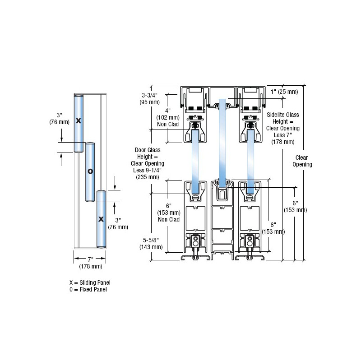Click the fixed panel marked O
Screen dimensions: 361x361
point(90,171)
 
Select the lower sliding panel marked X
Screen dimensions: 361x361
point(101,219)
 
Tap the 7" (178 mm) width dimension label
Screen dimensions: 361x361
point(90,263)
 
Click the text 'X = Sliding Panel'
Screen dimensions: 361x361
point(90,282)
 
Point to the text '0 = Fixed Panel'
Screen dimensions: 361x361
point(88,290)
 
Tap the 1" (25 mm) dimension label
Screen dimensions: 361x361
point(284,92)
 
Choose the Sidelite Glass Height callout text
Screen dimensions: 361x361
point(283,128)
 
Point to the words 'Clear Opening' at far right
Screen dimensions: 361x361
point(303,161)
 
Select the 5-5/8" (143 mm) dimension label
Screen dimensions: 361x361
point(151,244)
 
